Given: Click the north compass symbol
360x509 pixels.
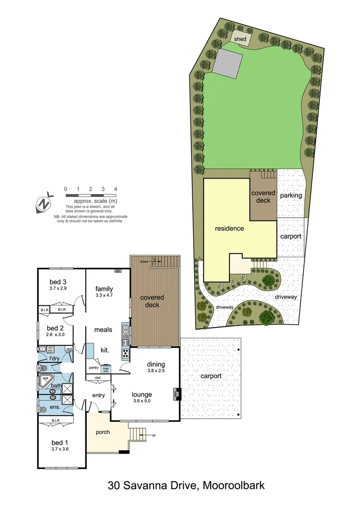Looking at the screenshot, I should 44,204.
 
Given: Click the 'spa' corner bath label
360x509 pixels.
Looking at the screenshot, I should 45,378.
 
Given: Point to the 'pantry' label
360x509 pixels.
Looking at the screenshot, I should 93,368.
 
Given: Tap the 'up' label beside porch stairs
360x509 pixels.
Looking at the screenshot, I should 153,434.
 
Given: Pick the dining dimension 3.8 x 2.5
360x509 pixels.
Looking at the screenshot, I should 156,371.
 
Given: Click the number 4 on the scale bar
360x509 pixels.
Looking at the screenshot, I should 115,189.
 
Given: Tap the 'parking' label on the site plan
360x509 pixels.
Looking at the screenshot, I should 291,195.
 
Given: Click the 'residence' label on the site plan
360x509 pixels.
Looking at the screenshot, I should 229,229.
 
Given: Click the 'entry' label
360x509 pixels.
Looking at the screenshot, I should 98,395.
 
